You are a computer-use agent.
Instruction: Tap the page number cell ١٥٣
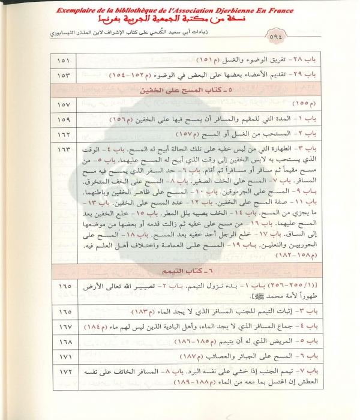coord(64,77)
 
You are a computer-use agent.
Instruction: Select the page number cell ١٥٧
coord(64,105)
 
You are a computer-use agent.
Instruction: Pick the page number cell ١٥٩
coord(64,119)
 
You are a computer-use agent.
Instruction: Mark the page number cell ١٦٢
coord(64,134)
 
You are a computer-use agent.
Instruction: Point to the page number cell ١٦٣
coord(64,149)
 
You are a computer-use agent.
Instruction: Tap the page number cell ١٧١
coord(64,356)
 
